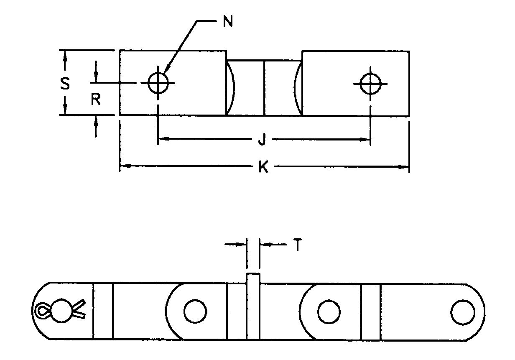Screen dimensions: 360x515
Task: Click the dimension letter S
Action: tap(64, 84)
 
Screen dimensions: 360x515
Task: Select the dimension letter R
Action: tap(96, 100)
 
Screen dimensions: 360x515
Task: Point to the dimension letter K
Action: tap(263, 167)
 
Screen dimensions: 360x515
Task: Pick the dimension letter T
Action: tap(297, 245)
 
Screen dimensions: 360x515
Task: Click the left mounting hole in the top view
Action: tap(158, 82)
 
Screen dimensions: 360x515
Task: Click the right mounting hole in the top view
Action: tap(370, 83)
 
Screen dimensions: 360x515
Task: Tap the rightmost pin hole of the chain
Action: tap(463, 311)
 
